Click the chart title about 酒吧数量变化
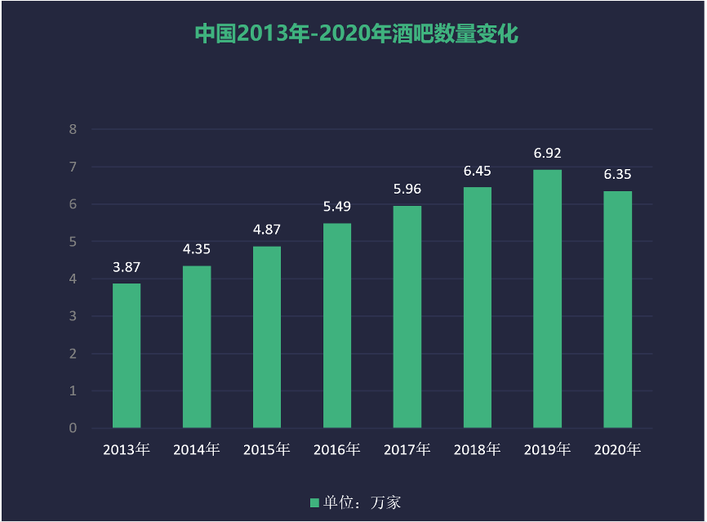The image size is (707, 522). click(357, 34)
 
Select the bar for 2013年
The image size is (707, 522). click(127, 355)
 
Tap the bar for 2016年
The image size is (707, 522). click(337, 325)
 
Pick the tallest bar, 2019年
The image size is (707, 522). click(547, 298)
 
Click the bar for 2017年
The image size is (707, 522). click(407, 316)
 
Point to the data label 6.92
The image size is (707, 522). click(547, 154)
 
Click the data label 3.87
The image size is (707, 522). click(127, 267)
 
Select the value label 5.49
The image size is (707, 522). click(337, 207)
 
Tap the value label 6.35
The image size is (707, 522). click(617, 175)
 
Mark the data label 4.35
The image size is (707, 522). click(197, 249)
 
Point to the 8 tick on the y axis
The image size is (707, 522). click(73, 129)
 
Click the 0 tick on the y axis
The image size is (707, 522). click(73, 428)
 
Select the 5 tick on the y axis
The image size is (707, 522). click(73, 242)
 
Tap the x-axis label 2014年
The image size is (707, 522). click(197, 450)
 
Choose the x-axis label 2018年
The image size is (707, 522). click(477, 450)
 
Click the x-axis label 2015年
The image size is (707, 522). click(267, 450)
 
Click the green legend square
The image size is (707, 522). click(314, 502)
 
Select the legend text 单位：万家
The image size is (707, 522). click(361, 502)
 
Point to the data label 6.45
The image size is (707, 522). click(477, 172)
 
